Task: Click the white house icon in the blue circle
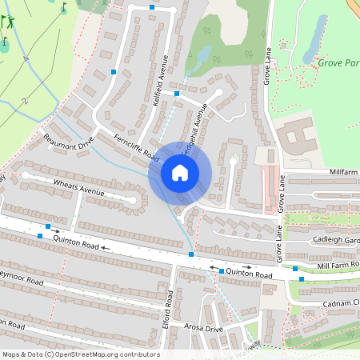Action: (x=180, y=173)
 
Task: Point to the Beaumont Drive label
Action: (x=68, y=141)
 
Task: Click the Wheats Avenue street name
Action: (x=79, y=189)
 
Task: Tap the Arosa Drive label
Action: (x=203, y=329)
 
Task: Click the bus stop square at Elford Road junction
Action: (x=191, y=254)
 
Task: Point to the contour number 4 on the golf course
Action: (x=26, y=58)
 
